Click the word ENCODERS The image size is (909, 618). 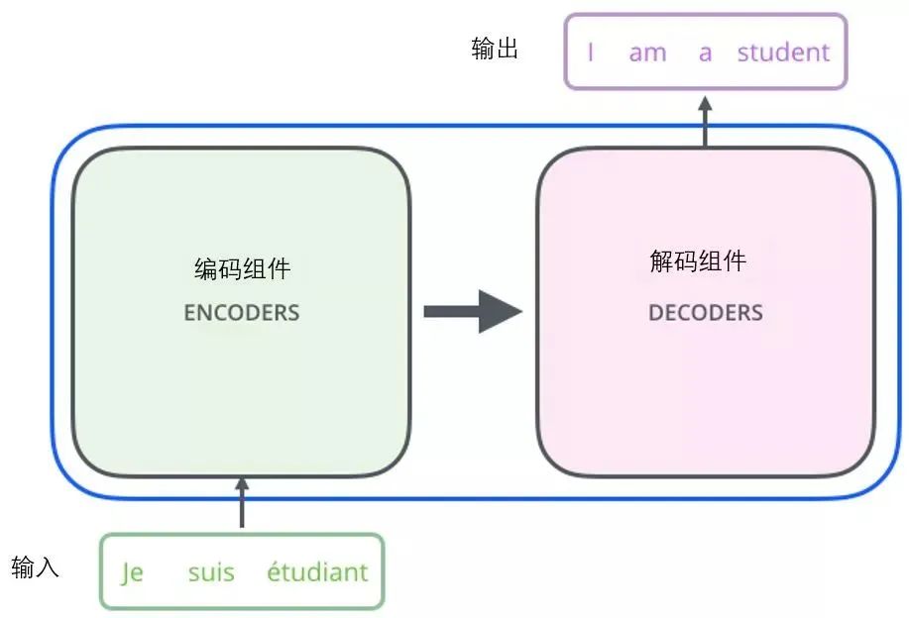click(x=241, y=313)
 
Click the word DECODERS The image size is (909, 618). click(x=705, y=313)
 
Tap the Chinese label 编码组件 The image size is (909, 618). click(x=242, y=268)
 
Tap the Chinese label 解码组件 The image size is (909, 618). click(x=697, y=261)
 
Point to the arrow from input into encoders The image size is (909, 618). click(x=241, y=503)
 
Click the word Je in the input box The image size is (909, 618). click(x=132, y=572)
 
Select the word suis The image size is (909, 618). click(x=211, y=571)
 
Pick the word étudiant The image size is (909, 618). click(x=317, y=571)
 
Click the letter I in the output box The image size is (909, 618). click(x=591, y=52)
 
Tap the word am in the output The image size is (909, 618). click(x=647, y=52)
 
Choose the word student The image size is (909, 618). click(x=783, y=51)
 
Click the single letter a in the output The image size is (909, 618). click(x=705, y=52)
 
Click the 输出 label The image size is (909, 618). click(x=495, y=50)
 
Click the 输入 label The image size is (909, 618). click(x=36, y=567)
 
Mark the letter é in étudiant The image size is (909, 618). click(x=274, y=571)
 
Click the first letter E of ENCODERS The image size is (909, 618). click(x=189, y=313)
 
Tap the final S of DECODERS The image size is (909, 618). click(x=757, y=313)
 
